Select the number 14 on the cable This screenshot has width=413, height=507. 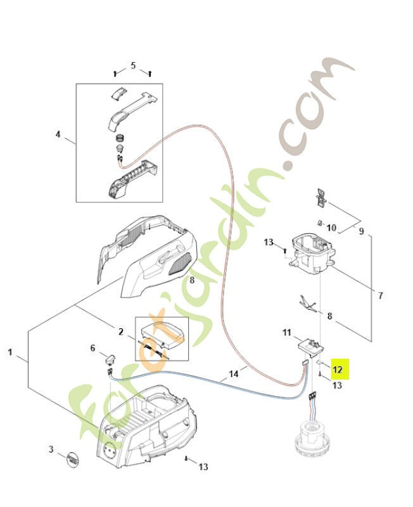pos(234,375)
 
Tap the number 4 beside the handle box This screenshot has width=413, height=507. pos(58,134)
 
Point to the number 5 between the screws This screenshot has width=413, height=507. pos(133,65)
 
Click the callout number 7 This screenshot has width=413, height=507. pos(380,295)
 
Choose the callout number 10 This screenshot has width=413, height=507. pos(348,228)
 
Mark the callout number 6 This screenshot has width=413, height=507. pos(92,348)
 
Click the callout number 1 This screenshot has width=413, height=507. pos(10,351)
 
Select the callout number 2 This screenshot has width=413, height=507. pos(120,331)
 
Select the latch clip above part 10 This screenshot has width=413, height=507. pos(321,198)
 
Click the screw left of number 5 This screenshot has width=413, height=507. pos(115,74)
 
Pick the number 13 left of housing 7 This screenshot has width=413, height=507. pos(269,243)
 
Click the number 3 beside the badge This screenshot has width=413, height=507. pos(51,449)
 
